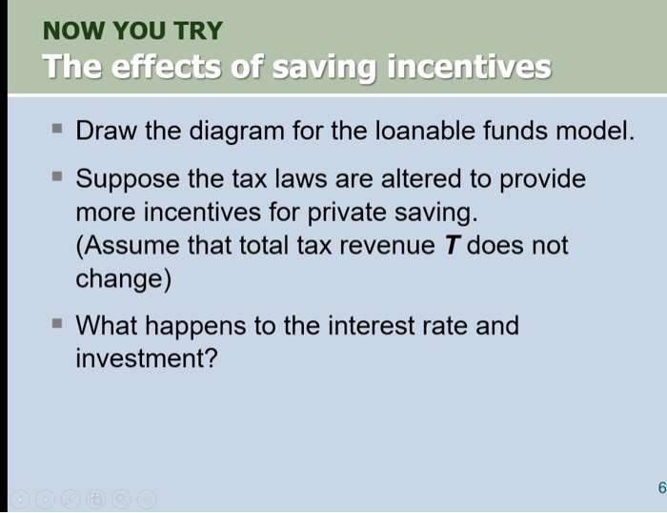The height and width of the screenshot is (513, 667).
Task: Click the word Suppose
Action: [x=124, y=179]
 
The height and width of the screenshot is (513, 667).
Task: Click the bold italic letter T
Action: [x=453, y=246]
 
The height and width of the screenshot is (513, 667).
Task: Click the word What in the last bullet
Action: [x=105, y=326]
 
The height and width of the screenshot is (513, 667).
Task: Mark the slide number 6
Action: [x=659, y=488]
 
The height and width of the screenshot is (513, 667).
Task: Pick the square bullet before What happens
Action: [x=58, y=324]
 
